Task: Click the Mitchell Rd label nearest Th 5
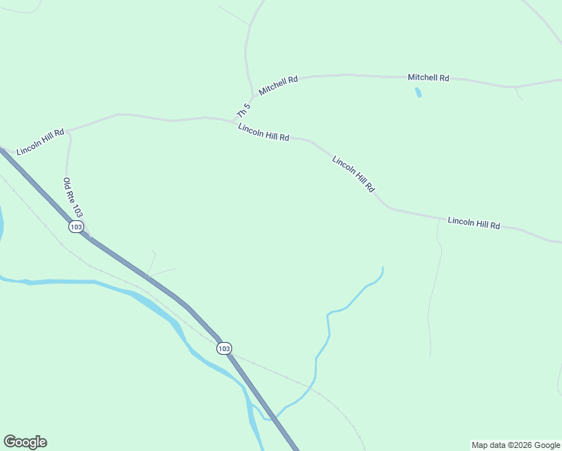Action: (278, 84)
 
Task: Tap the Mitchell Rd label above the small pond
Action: (428, 77)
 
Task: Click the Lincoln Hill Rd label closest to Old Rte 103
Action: (40, 141)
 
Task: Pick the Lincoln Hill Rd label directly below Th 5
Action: (263, 132)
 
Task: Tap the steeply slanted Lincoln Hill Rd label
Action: (353, 174)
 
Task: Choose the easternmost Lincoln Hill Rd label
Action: (473, 222)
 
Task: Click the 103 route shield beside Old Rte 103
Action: (75, 226)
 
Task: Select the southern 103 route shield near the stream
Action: (224, 348)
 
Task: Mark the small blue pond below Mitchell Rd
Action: (418, 93)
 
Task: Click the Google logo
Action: (25, 442)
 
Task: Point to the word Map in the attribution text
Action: (479, 445)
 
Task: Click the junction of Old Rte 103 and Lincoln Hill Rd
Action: (69, 129)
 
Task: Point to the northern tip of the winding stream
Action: (382, 268)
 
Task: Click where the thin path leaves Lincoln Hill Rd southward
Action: (439, 219)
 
